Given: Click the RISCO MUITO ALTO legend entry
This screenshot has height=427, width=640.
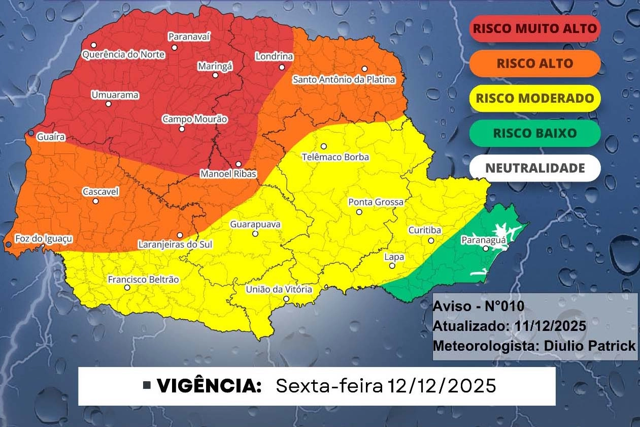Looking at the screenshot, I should [534, 28].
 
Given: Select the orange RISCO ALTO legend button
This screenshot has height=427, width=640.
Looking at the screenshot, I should [534, 64].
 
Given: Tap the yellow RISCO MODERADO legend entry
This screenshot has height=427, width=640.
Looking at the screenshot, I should [534, 98].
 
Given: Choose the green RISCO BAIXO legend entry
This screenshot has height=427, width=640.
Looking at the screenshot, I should [534, 133].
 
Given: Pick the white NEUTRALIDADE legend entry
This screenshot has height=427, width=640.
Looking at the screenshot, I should [534, 168].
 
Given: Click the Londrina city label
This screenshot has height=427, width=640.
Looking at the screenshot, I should [274, 56].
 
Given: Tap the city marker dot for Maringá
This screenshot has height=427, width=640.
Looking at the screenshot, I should [215, 75].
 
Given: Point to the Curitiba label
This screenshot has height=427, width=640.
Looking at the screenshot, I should [425, 230].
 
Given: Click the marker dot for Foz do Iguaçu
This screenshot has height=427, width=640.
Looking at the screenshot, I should [8, 245].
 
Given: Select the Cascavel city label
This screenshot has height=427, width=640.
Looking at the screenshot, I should [100, 192].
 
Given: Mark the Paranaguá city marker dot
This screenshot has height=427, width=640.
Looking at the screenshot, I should [486, 249].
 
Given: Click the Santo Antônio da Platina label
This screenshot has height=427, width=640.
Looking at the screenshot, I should [344, 80].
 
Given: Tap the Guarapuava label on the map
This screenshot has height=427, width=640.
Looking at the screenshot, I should [255, 224].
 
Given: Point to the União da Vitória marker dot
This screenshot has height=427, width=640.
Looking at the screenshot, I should [286, 299].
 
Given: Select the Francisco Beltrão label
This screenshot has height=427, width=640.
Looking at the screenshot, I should [143, 280].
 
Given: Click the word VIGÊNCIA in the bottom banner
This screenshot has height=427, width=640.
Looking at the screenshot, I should [209, 386].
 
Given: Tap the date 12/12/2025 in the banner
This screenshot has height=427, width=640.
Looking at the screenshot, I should [441, 386].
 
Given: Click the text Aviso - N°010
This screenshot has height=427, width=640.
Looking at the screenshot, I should [478, 307].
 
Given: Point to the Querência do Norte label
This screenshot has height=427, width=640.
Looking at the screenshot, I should [117, 54].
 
